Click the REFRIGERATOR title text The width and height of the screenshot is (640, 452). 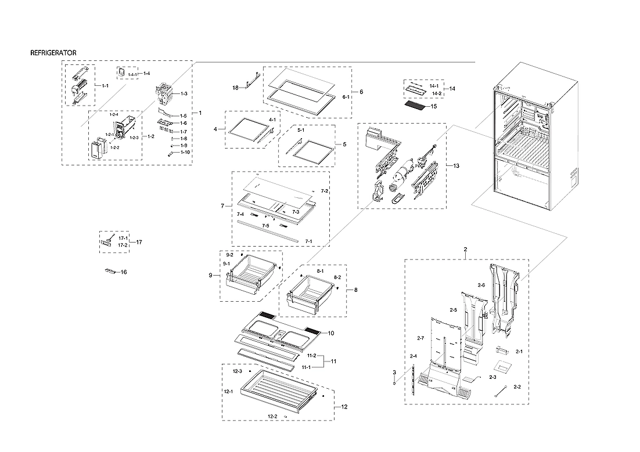coord(53,53)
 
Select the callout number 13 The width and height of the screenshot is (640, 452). coord(456,166)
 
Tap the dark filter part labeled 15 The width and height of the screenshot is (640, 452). coord(415,107)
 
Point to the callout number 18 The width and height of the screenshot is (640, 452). coord(235,88)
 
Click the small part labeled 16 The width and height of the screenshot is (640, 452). coord(110,271)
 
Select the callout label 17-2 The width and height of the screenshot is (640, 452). coord(123,245)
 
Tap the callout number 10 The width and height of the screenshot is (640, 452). coord(330,333)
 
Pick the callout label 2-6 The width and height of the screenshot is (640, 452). coord(481,285)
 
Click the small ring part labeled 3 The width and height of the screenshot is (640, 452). coord(394,382)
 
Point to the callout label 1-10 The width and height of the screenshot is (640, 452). coord(185,152)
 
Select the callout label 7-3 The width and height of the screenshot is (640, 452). coord(296,212)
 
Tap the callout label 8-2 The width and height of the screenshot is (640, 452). coord(336,279)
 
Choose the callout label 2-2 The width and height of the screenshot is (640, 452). coord(501,387)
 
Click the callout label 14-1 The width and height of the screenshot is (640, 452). coord(434,86)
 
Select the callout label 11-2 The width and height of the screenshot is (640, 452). coord(311,356)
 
